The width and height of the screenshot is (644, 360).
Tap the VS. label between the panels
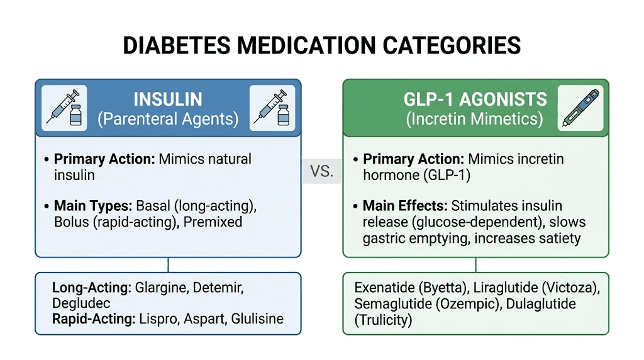(x=322, y=171)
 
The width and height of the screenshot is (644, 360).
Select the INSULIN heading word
(x=168, y=99)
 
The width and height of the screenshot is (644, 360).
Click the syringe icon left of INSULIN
(x=64, y=108)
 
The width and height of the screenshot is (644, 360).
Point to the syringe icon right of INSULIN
(x=272, y=108)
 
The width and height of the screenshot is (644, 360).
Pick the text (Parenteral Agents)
(x=168, y=120)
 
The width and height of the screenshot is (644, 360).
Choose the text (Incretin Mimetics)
(x=475, y=120)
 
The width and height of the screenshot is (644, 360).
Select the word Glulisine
(x=258, y=319)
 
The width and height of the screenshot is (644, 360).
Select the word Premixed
(x=213, y=222)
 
